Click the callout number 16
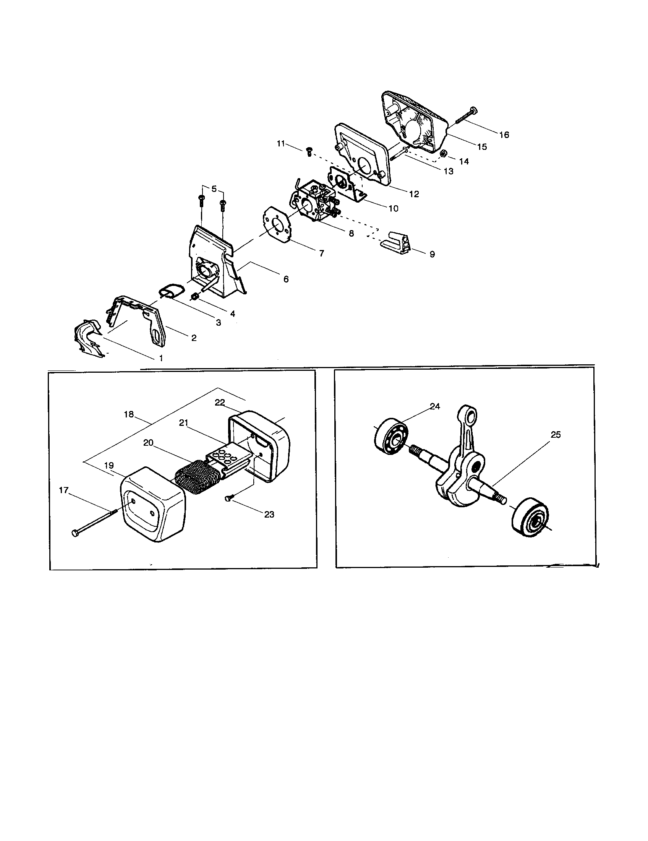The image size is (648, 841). (x=504, y=135)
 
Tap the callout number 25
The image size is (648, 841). (x=556, y=435)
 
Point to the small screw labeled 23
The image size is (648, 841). (x=228, y=499)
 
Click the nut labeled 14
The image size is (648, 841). (x=443, y=153)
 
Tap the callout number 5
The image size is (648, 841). (x=214, y=189)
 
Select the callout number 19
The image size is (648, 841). (x=109, y=466)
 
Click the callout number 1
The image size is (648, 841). (x=161, y=358)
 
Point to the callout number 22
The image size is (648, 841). (x=220, y=403)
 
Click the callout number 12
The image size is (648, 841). (x=414, y=194)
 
